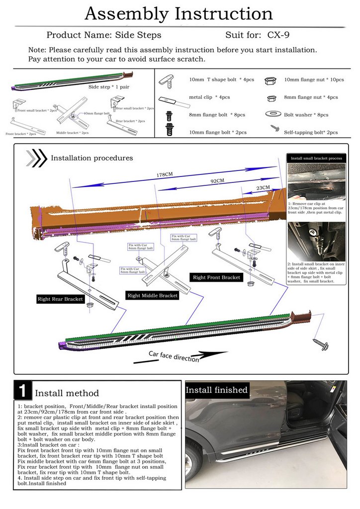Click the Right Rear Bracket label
[60, 299]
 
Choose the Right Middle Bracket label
[152, 295]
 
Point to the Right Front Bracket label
[217, 277]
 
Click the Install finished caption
[216, 390]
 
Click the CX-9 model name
[281, 35]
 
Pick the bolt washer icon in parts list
[273, 114]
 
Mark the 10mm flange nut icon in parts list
[271, 80]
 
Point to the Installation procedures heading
[92, 158]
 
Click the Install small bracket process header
[316, 158]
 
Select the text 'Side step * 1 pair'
[108, 86]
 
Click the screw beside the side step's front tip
[318, 343]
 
